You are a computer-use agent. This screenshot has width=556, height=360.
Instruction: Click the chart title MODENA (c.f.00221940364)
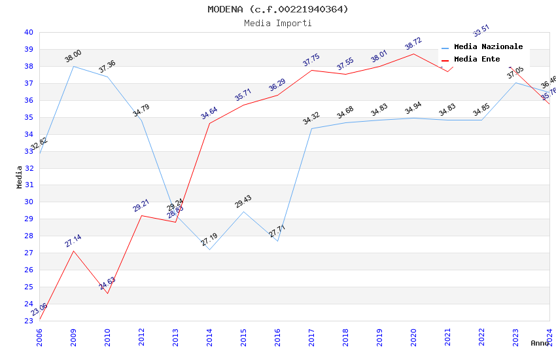point(278,9)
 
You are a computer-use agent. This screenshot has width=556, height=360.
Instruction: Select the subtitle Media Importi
point(278,23)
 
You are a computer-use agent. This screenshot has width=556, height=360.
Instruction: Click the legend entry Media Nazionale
point(488,47)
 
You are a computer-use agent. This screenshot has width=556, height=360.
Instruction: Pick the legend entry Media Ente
point(477,60)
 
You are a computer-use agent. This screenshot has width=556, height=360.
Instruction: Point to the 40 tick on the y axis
point(29,32)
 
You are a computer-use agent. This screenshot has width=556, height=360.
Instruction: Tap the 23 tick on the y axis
point(29,321)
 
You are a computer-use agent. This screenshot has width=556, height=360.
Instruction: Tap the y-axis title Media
point(20,177)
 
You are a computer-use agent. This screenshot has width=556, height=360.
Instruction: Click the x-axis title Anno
point(540,343)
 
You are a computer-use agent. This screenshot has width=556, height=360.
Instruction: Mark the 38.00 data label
point(73,56)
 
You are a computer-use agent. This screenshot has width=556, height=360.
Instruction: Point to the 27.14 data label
point(73,241)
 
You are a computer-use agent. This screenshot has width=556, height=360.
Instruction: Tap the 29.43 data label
point(243,202)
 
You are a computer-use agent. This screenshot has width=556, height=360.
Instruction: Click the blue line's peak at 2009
point(73,66)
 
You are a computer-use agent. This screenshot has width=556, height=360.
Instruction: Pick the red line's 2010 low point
point(107,293)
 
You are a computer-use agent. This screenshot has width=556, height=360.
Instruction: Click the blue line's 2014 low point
point(209,249)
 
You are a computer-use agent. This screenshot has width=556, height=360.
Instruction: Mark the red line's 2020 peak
point(413,54)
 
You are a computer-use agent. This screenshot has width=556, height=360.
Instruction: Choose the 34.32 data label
point(311,118)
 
